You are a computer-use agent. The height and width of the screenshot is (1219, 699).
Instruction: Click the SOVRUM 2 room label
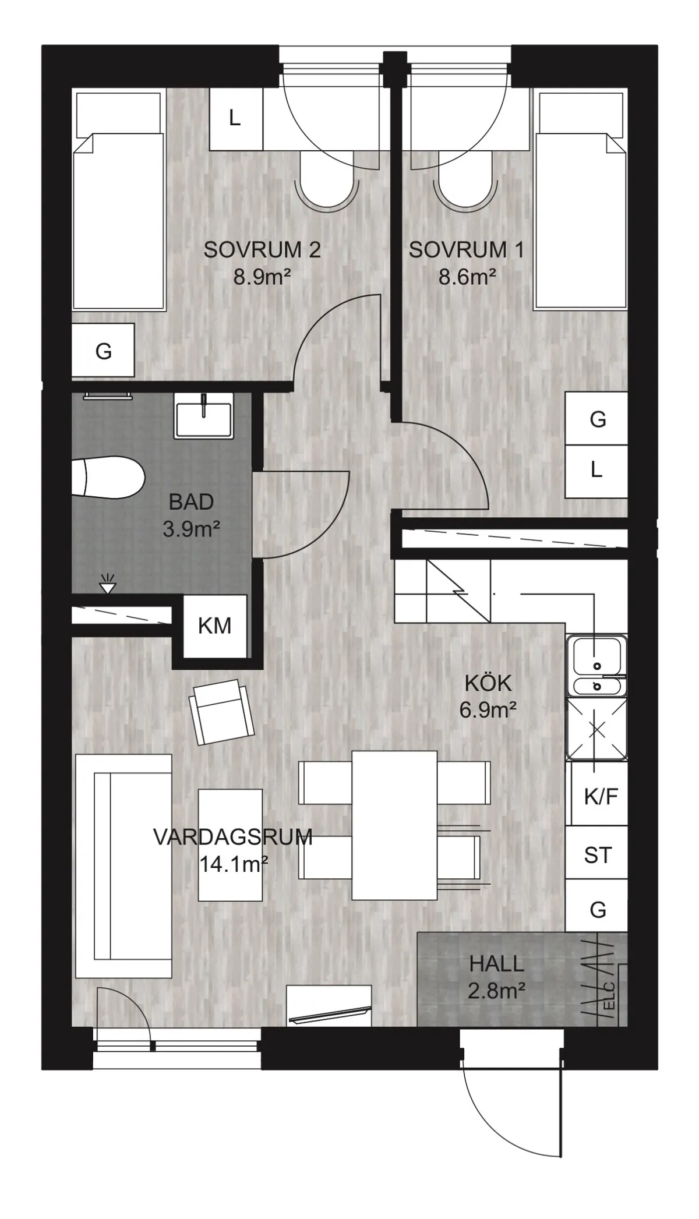(x=262, y=250)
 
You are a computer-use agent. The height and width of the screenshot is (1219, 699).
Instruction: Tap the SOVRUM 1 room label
(x=466, y=250)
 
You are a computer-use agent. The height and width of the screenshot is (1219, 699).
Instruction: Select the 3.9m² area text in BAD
(x=191, y=529)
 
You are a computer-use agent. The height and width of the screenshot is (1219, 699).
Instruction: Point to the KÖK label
(x=488, y=683)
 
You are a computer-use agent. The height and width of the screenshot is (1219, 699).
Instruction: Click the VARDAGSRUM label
(x=233, y=837)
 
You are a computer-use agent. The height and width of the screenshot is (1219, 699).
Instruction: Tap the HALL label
(x=496, y=964)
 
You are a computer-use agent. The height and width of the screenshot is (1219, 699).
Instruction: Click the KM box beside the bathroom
(x=214, y=626)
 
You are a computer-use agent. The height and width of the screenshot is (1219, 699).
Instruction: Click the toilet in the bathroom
(x=108, y=477)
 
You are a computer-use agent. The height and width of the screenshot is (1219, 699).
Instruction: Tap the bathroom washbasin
(x=203, y=415)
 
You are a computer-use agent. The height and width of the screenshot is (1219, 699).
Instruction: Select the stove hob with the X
(x=597, y=729)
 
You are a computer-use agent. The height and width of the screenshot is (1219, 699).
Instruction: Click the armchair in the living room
(x=222, y=712)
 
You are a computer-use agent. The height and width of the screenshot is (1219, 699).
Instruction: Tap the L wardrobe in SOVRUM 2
(x=235, y=118)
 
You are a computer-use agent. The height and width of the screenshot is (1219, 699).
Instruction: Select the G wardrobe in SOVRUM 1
(x=597, y=419)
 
